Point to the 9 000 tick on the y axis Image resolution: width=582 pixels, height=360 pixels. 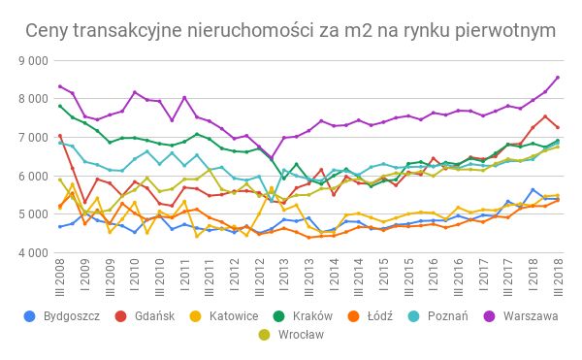[33, 60]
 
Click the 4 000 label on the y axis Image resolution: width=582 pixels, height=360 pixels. [33, 253]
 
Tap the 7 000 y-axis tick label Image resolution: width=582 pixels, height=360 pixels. [33, 138]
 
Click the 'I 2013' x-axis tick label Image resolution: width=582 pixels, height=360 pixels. [284, 278]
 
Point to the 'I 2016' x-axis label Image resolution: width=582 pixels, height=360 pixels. [434, 278]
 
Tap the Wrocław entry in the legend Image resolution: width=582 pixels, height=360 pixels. [72, 336]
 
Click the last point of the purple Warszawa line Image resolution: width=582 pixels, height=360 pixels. [558, 78]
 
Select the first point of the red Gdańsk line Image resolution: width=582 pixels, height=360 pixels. [60, 136]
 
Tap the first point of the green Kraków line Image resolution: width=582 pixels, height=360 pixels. [60, 106]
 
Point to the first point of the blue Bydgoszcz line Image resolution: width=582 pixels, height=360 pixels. [60, 227]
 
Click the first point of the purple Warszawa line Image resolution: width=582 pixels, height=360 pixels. [60, 86]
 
